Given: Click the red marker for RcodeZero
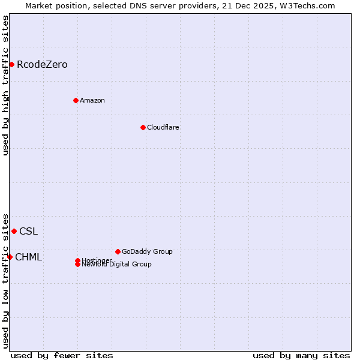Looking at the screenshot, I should (x=11, y=64).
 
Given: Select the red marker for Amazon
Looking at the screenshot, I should (x=76, y=100).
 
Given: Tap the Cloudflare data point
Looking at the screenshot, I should (x=143, y=127).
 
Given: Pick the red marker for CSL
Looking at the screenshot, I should (x=14, y=231).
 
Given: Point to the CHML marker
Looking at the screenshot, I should (x=10, y=257).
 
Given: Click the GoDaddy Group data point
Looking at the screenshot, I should (x=118, y=251).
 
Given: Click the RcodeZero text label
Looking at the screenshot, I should (x=42, y=64).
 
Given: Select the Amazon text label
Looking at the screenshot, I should (x=92, y=100).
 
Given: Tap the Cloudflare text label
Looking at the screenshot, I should (x=163, y=127).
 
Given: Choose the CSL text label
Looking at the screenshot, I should (x=28, y=231).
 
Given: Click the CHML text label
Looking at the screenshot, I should (x=28, y=257).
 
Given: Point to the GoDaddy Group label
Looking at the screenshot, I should (x=147, y=251).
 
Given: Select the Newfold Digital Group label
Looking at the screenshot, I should (x=117, y=264).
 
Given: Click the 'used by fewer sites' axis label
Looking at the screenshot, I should (x=62, y=355).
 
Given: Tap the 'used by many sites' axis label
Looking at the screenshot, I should (x=301, y=355).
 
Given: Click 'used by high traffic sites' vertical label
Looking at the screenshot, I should (x=5, y=85).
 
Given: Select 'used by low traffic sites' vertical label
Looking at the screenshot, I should (x=5, y=280).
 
